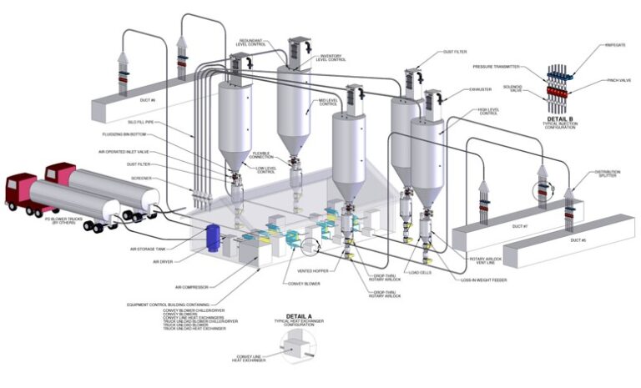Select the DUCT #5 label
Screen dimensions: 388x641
point(577,240)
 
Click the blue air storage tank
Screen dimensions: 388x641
point(214,236)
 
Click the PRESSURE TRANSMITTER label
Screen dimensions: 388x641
point(497,64)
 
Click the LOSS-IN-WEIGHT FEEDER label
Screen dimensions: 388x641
point(485,280)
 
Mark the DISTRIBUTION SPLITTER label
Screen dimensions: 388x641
point(607,174)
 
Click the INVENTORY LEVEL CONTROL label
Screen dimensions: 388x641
point(332,58)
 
